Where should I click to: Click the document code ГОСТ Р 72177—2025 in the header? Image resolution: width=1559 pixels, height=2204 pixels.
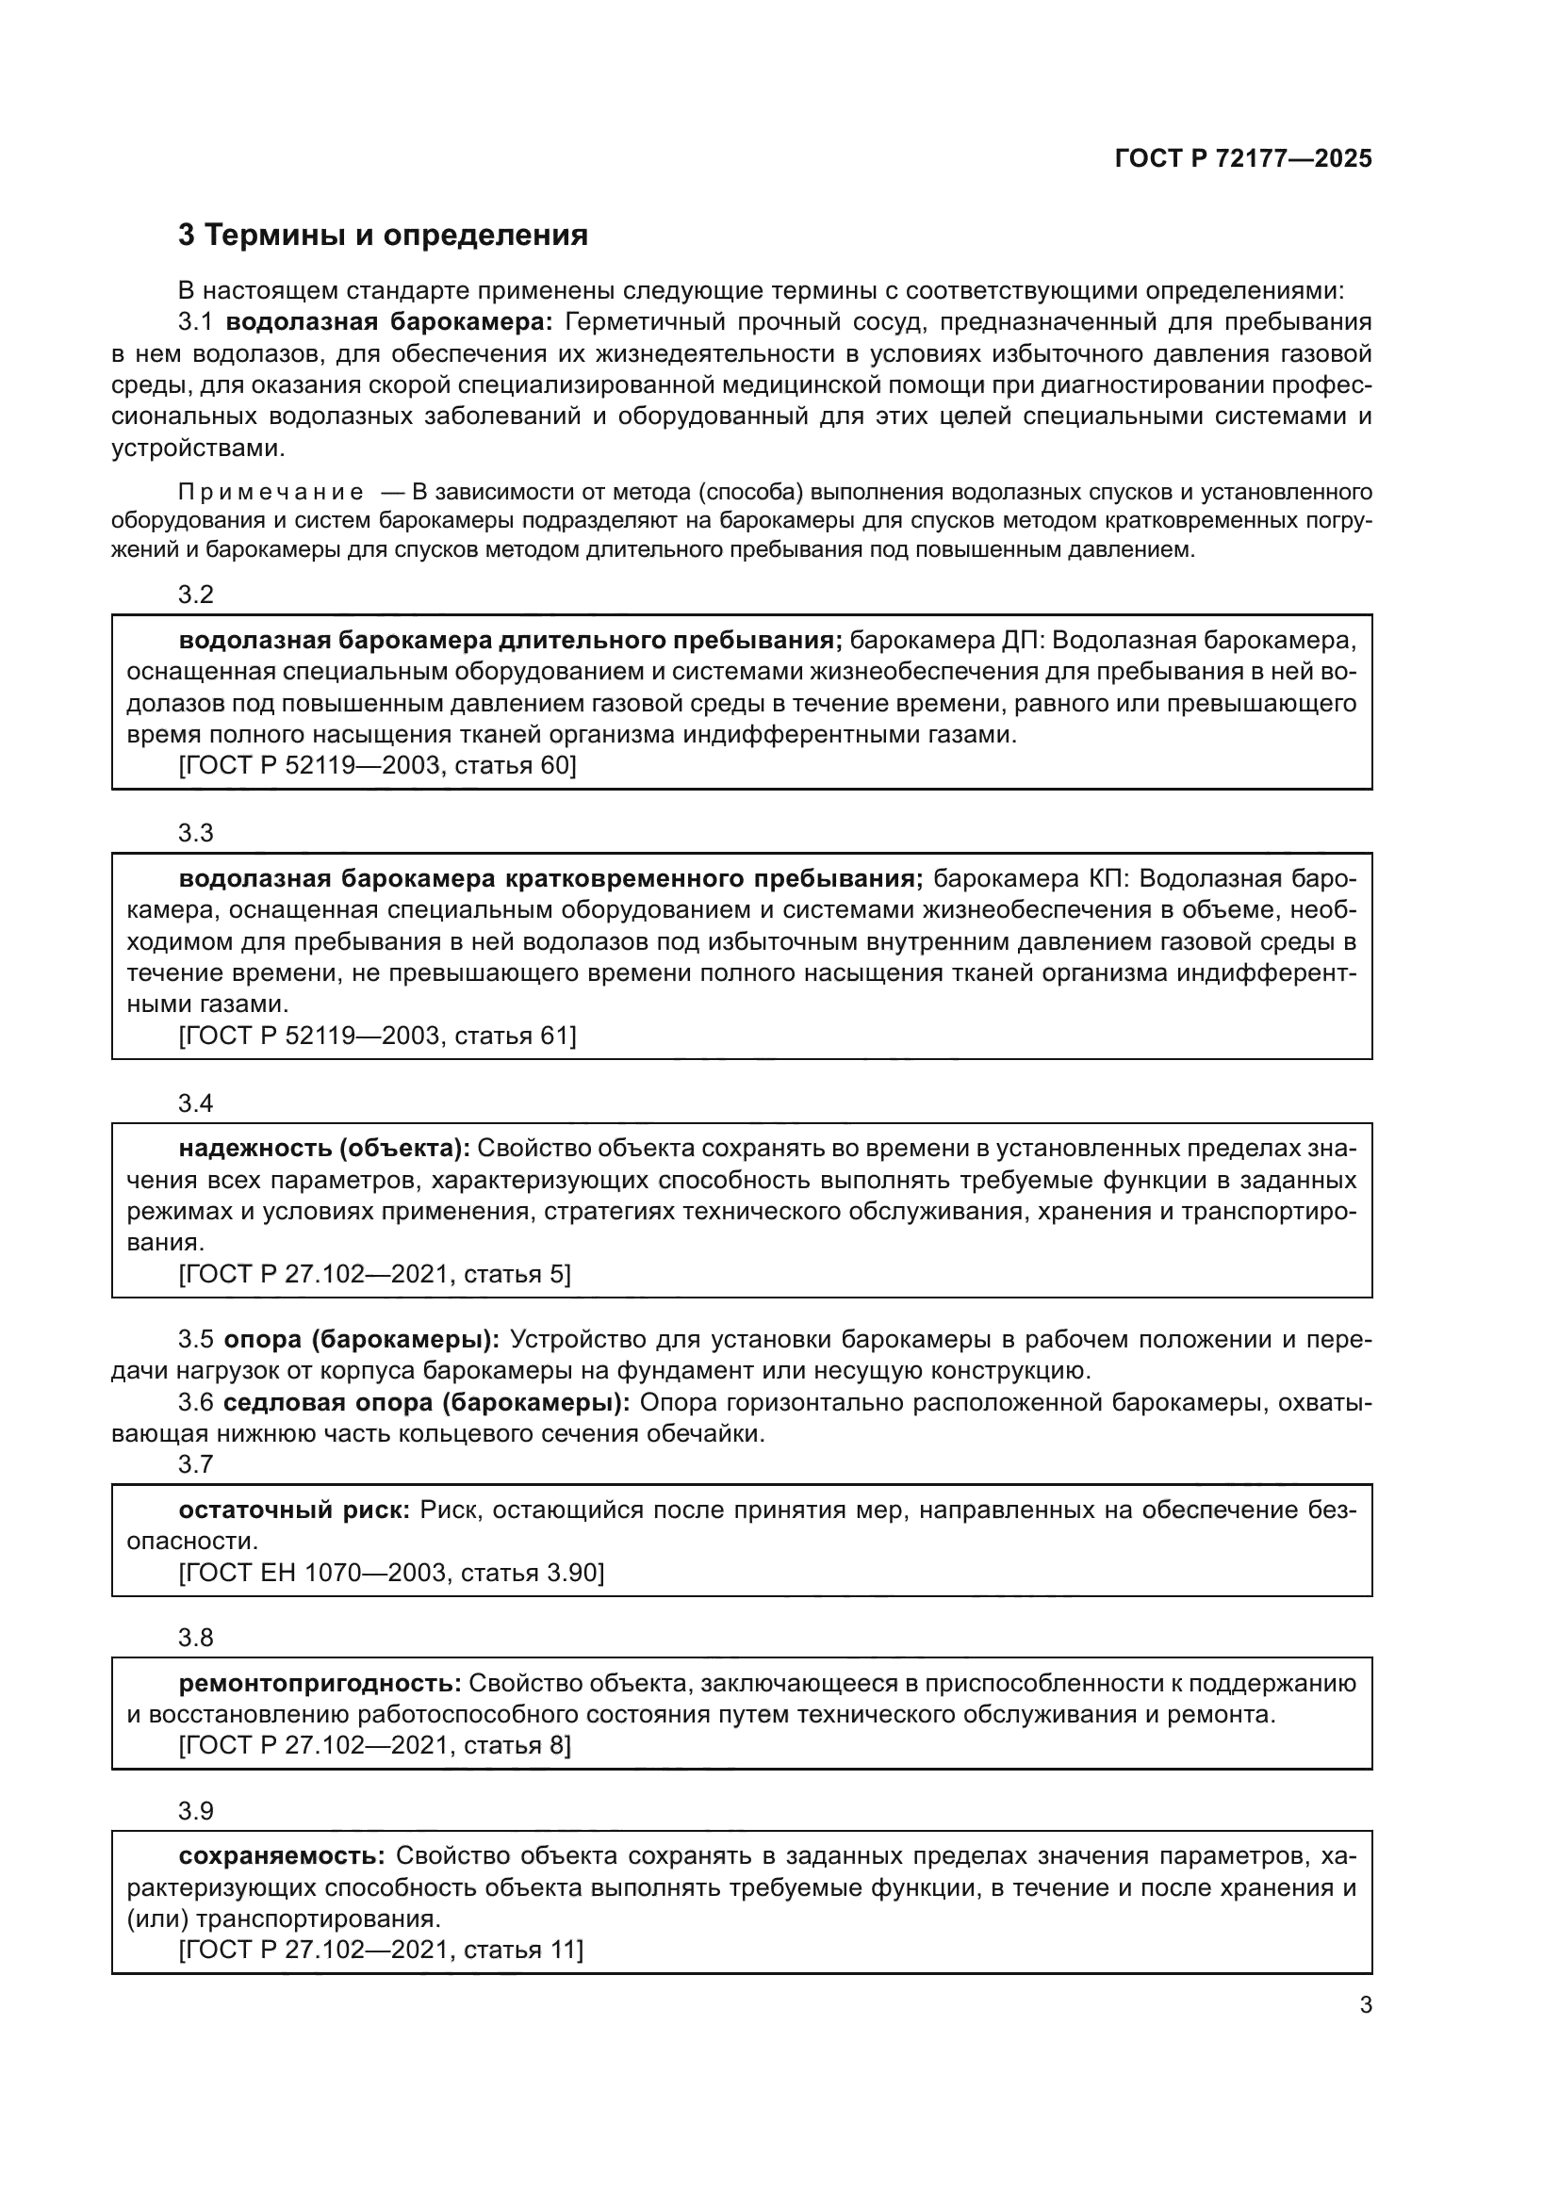(x=1243, y=158)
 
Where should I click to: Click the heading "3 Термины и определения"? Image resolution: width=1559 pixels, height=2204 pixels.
(x=382, y=236)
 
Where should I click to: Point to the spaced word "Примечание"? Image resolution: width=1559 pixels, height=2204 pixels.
(x=271, y=493)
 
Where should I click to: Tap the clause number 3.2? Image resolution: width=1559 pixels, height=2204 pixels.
(x=196, y=595)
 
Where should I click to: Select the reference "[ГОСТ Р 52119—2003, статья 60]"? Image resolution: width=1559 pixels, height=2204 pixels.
(x=377, y=765)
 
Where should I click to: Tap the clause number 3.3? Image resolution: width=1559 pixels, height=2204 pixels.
(x=196, y=832)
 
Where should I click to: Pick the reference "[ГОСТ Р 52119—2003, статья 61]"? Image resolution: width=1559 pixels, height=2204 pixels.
(x=377, y=1036)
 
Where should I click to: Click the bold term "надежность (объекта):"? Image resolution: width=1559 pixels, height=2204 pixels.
(x=324, y=1148)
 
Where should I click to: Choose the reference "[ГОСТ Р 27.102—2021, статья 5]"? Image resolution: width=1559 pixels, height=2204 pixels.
(x=374, y=1274)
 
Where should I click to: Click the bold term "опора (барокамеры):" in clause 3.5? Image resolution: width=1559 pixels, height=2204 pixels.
(x=362, y=1339)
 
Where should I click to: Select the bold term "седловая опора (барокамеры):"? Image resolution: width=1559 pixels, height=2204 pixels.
(x=426, y=1402)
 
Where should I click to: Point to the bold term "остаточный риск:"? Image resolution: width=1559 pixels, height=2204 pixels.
(x=295, y=1510)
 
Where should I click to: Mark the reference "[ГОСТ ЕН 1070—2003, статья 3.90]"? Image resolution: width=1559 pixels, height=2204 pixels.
(x=392, y=1573)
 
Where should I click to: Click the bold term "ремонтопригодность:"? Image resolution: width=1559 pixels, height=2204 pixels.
(x=320, y=1683)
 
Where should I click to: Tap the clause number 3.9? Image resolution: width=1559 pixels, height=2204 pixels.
(x=196, y=1810)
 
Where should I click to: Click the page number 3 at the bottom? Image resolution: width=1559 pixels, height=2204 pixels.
(x=1365, y=2005)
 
